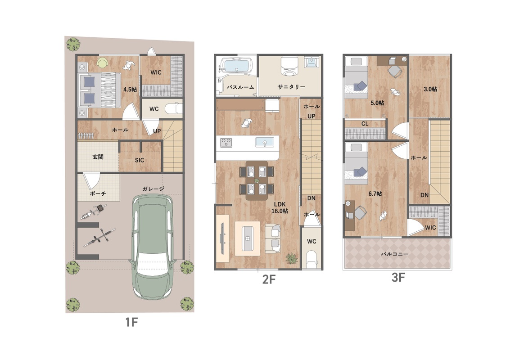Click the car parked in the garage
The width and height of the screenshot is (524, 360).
(153, 247)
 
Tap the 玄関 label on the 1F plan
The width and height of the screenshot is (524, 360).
(98, 157)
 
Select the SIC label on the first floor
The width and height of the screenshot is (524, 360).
(140, 160)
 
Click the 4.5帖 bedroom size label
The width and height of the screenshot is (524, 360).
(130, 90)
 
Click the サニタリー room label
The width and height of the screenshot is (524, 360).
(291, 87)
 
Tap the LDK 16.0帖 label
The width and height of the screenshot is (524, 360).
(280, 208)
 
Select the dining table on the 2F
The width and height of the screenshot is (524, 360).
(257, 180)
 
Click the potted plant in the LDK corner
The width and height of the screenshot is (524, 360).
(291, 258)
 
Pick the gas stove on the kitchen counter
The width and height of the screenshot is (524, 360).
(226, 142)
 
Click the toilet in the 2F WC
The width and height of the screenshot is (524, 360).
(312, 260)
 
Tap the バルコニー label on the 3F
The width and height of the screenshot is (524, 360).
(394, 254)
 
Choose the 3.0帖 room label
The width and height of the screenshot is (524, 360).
(430, 89)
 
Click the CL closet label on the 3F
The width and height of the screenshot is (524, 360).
(365, 124)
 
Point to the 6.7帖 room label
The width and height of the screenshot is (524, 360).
(375, 193)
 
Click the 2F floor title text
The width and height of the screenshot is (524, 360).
(269, 279)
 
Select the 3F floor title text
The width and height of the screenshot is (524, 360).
(398, 277)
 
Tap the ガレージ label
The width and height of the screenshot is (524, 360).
(154, 189)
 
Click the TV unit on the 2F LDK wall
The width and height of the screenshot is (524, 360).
(222, 238)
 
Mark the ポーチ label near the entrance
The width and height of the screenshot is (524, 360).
(98, 193)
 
